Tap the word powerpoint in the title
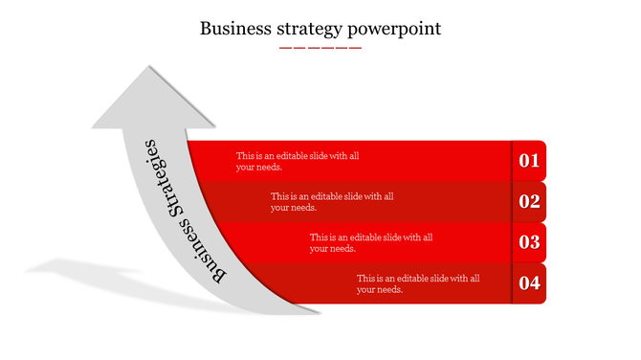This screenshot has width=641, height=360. point(397,30)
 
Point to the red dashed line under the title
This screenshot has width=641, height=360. point(320,47)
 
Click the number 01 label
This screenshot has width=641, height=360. point(529,161)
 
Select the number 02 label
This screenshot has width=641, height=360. point(529,201)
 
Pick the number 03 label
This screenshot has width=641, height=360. point(529,242)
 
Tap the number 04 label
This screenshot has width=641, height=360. point(529,282)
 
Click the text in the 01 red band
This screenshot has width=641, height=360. point(298,161)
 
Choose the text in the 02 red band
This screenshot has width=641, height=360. point(332,201)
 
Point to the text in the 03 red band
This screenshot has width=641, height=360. point(372,242)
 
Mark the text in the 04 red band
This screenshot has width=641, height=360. point(418,283)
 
